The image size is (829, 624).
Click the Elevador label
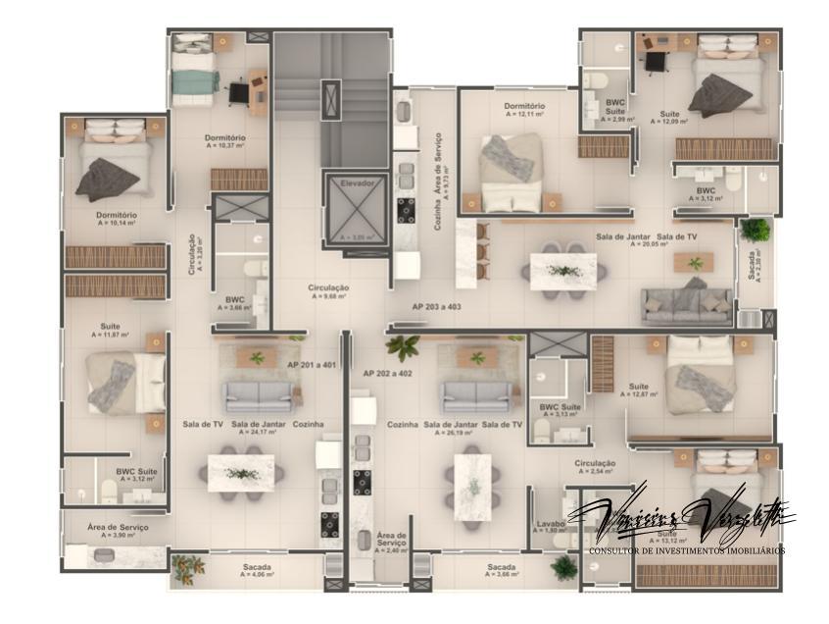pyautogui.click(x=358, y=183)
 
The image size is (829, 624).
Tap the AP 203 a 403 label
pyautogui.click(x=436, y=306)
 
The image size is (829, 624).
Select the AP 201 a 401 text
pyautogui.click(x=313, y=364)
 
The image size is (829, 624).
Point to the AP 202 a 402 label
pyautogui.click(x=387, y=373)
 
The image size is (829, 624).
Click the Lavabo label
pyautogui.click(x=551, y=523)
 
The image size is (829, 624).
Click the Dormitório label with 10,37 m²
pyautogui.click(x=225, y=137)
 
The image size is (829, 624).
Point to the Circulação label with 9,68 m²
pyautogui.click(x=328, y=287)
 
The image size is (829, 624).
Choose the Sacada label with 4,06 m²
pyautogui.click(x=258, y=567)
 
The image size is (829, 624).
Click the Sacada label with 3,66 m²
pyautogui.click(x=501, y=567)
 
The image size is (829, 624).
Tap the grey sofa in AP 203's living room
pyautogui.click(x=686, y=302)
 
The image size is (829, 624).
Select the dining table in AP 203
pyautogui.click(x=563, y=271)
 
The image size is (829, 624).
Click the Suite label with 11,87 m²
pyautogui.click(x=111, y=326)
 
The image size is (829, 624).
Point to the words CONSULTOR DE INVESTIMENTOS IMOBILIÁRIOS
pyautogui.click(x=685, y=551)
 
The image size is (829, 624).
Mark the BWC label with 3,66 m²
pyautogui.click(x=235, y=299)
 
